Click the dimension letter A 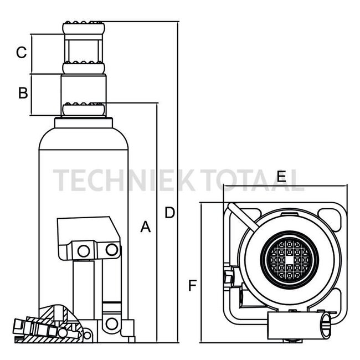click(x=145, y=227)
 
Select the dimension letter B click(x=22, y=92)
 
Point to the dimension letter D click(x=169, y=212)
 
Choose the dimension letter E click(x=281, y=177)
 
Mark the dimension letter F click(x=192, y=286)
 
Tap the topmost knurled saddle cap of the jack click(x=84, y=26)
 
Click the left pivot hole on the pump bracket click(x=84, y=251)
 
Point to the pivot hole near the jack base click(x=112, y=323)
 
